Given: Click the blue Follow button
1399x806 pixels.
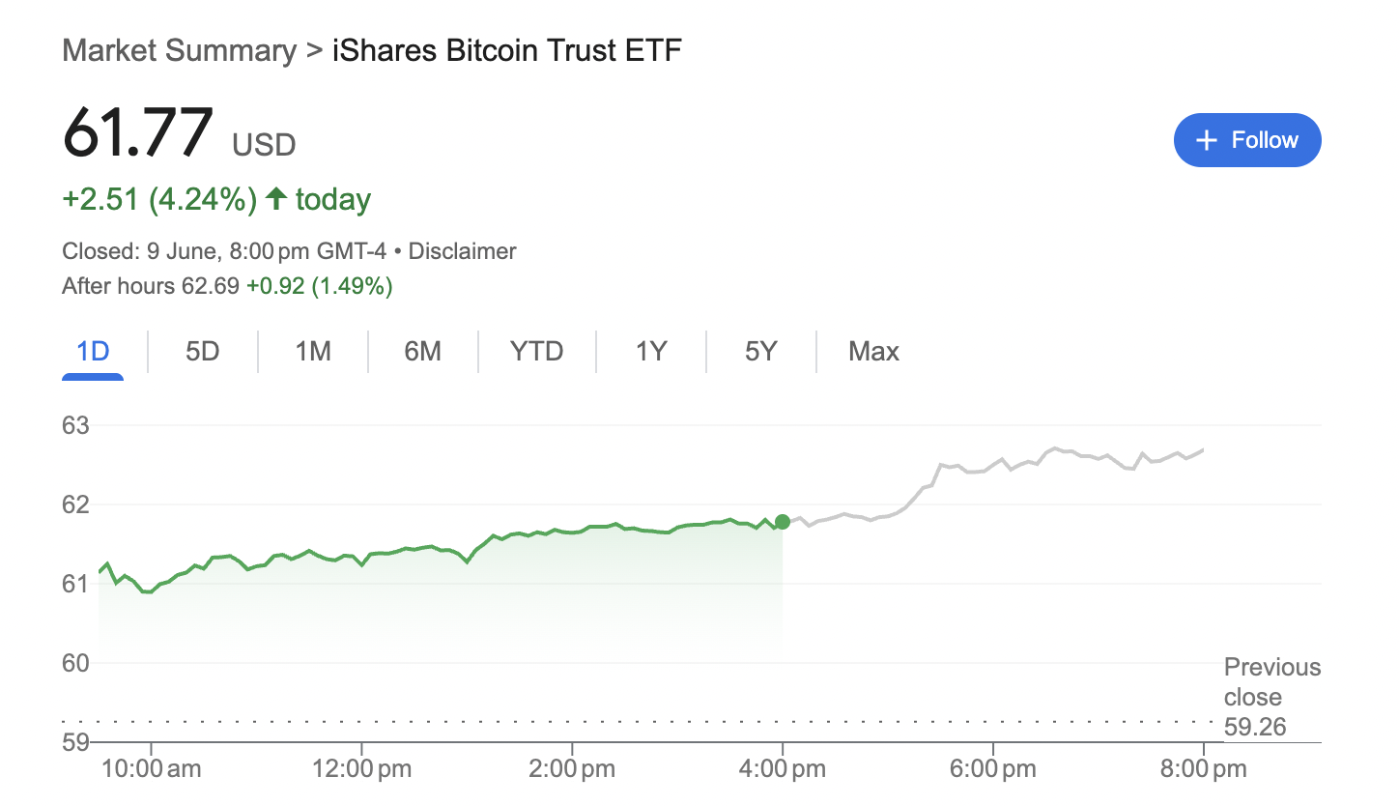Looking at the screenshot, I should (1246, 140).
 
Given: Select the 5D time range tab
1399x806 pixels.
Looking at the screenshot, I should (203, 351).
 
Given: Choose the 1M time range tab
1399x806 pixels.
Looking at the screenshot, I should (313, 351).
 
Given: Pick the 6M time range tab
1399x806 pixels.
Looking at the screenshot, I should (422, 351).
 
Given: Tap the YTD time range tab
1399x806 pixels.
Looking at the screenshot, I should (536, 351).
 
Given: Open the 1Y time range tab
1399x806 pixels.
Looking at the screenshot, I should (651, 351).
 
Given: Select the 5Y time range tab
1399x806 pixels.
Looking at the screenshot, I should (761, 351).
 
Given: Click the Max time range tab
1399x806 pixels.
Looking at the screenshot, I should (873, 351).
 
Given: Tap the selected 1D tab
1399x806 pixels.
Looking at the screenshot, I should (93, 351).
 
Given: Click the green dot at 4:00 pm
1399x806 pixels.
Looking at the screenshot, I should (783, 522).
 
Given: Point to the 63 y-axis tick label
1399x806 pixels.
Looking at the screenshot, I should (75, 425).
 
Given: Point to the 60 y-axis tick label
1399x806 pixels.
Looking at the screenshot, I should (75, 663).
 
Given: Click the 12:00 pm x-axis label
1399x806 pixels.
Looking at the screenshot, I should (361, 770).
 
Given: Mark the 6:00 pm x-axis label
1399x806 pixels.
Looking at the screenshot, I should (993, 770).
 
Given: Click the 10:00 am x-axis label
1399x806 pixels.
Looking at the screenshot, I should (151, 770).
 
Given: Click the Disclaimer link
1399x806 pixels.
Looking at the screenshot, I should (463, 252).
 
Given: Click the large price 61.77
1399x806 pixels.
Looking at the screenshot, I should (137, 132).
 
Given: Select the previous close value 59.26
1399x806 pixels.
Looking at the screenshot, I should (1255, 727).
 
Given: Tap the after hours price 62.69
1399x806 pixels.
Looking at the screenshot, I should (212, 286).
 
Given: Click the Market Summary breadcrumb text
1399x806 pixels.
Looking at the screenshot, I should (179, 50).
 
